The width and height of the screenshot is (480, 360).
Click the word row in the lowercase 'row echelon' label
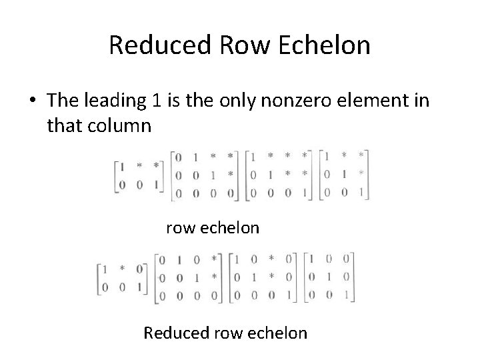click(179, 228)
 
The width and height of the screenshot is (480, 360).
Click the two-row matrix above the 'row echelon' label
click(139, 175)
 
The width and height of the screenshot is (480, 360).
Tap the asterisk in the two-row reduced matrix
click(122, 269)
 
